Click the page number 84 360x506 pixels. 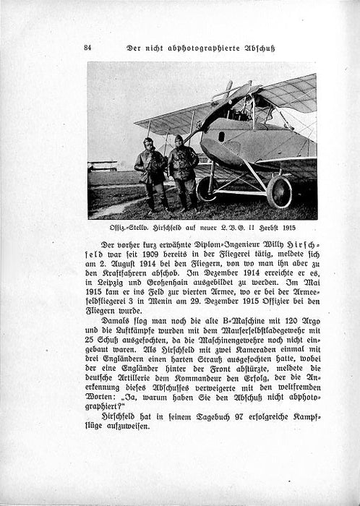pyautogui.click(x=87, y=48)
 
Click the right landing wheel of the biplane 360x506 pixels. pyautogui.click(x=279, y=192)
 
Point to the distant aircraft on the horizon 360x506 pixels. pyautogui.click(x=102, y=166)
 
